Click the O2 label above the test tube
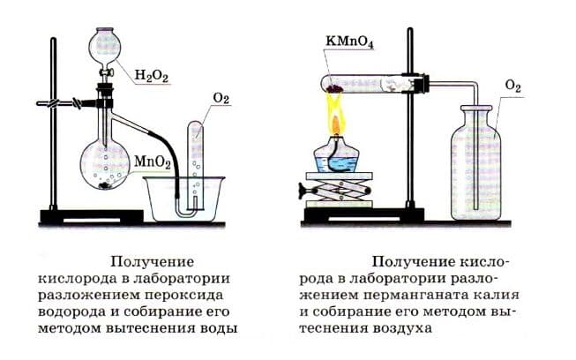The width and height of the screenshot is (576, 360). [221, 98]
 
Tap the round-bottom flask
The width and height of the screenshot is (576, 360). [108, 163]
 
